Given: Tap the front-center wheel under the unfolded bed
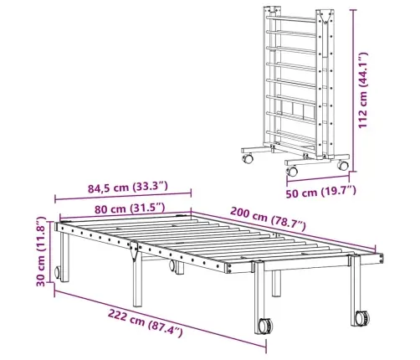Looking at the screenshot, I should [x=264, y=325].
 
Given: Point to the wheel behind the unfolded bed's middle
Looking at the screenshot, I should [x=177, y=267].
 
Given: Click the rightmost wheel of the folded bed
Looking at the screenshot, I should [x=344, y=166].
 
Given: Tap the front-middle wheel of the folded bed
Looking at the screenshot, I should [x=291, y=171].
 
